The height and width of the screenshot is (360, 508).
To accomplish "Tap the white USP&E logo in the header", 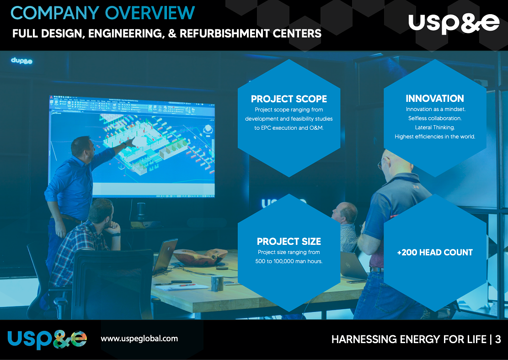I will click(x=454, y=23).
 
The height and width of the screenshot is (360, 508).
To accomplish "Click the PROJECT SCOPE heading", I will click(x=289, y=99).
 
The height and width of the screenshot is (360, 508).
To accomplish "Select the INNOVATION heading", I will click(x=435, y=98).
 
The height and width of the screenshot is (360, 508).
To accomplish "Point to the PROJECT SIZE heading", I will click(x=289, y=241).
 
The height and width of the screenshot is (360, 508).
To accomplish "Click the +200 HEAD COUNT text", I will click(x=435, y=252).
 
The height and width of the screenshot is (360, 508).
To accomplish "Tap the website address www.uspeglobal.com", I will click(x=139, y=339).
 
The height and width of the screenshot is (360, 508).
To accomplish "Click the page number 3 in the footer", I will click(x=498, y=339).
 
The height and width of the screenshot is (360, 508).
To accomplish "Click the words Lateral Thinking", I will click(x=435, y=127).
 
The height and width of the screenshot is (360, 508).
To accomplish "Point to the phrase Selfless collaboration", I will click(x=435, y=118).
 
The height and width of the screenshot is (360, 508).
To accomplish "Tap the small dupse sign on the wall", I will click(x=21, y=60).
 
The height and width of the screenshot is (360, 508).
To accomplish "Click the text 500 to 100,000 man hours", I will click(x=289, y=261).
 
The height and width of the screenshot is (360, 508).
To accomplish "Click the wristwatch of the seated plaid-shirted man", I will click(x=115, y=235).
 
